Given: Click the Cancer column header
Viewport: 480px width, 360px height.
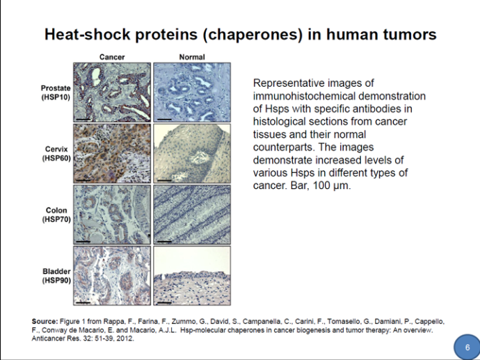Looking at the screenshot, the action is tap(112, 57).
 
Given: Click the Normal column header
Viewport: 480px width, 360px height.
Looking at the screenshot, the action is tap(192, 57).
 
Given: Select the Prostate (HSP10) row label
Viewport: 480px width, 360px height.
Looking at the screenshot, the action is tap(56, 92).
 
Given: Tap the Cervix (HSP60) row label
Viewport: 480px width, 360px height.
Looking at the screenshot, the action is tap(56, 154).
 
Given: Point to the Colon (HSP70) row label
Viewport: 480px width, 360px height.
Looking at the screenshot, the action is tap(56, 215).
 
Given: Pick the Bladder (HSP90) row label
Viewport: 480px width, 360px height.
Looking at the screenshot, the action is tap(56, 276).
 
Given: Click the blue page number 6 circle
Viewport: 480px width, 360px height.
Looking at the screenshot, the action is tap(467, 347).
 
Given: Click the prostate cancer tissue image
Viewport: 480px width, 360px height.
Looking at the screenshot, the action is tap(112, 92).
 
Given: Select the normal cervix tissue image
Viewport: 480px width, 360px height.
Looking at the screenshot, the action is tap(192, 154).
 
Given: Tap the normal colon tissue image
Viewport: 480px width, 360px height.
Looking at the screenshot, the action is tap(192, 215).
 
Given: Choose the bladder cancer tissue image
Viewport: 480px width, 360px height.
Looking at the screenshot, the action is tap(112, 276).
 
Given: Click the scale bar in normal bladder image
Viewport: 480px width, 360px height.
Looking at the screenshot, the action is tap(164, 303).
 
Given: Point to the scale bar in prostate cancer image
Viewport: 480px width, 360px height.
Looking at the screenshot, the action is tap(83, 119).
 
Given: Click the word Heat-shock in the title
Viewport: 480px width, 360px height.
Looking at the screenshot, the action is tap(88, 34).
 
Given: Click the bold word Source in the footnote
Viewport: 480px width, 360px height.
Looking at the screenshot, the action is tap(45, 322).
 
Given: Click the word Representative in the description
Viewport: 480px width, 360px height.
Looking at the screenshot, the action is tap(287, 83).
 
